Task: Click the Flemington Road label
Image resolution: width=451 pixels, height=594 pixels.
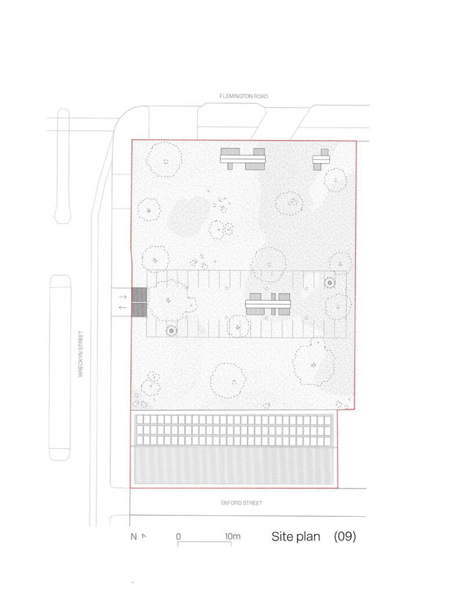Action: click(x=243, y=96)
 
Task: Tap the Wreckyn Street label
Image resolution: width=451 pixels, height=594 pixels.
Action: click(x=80, y=354)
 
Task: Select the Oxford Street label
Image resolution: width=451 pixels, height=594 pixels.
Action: click(x=241, y=503)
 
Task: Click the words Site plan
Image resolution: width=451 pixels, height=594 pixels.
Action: click(x=296, y=537)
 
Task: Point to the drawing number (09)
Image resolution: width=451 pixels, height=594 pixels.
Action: click(x=344, y=537)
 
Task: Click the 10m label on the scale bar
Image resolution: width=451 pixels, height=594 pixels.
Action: click(x=232, y=537)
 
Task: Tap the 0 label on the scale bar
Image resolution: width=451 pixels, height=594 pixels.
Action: click(x=179, y=537)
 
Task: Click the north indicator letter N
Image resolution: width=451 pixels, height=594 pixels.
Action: click(x=133, y=537)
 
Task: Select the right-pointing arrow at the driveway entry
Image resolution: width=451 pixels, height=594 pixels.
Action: click(x=122, y=296)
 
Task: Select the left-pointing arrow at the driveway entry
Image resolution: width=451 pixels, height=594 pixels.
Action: click(x=122, y=307)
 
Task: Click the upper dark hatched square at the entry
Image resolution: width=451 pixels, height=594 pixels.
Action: click(x=139, y=294)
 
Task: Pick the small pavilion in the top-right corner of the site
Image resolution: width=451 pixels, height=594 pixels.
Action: click(x=321, y=160)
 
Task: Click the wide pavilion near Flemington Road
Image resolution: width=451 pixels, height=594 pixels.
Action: click(x=243, y=159)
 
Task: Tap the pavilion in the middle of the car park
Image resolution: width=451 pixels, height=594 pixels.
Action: click(x=268, y=304)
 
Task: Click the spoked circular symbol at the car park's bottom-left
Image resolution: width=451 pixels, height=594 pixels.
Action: click(x=172, y=331)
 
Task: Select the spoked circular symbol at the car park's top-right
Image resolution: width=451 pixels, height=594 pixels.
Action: click(x=330, y=282)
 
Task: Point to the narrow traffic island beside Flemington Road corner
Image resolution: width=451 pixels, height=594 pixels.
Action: click(x=63, y=166)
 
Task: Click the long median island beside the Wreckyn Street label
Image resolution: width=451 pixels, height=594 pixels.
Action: click(x=60, y=367)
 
